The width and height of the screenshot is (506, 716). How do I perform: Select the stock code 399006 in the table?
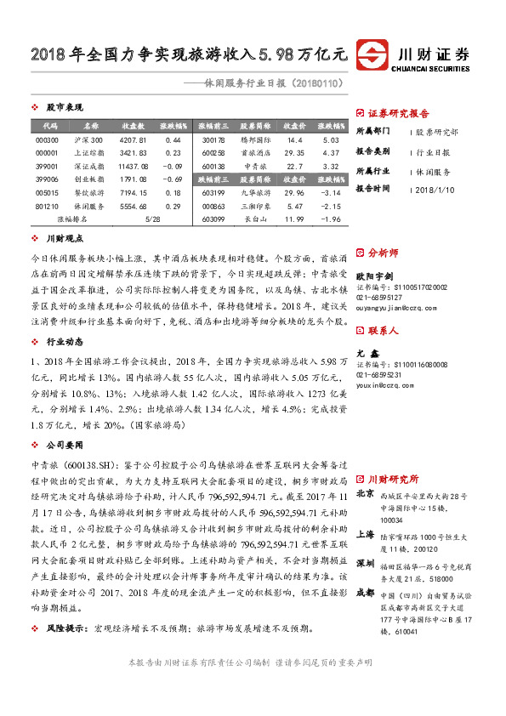point(48,179)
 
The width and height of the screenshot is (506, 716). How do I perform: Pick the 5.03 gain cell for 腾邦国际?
point(331,139)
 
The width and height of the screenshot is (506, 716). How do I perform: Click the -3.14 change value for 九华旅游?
point(331,193)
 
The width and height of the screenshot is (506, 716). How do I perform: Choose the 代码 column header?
point(48,126)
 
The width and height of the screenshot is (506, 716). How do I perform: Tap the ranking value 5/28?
point(153,219)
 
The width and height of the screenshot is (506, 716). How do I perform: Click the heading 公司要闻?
point(65,445)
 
